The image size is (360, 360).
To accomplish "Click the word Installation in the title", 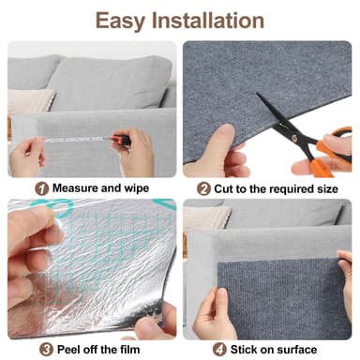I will click(x=211, y=20).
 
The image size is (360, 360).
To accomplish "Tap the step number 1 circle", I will click(x=41, y=188).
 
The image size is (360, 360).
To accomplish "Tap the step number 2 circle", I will click(x=203, y=188).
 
